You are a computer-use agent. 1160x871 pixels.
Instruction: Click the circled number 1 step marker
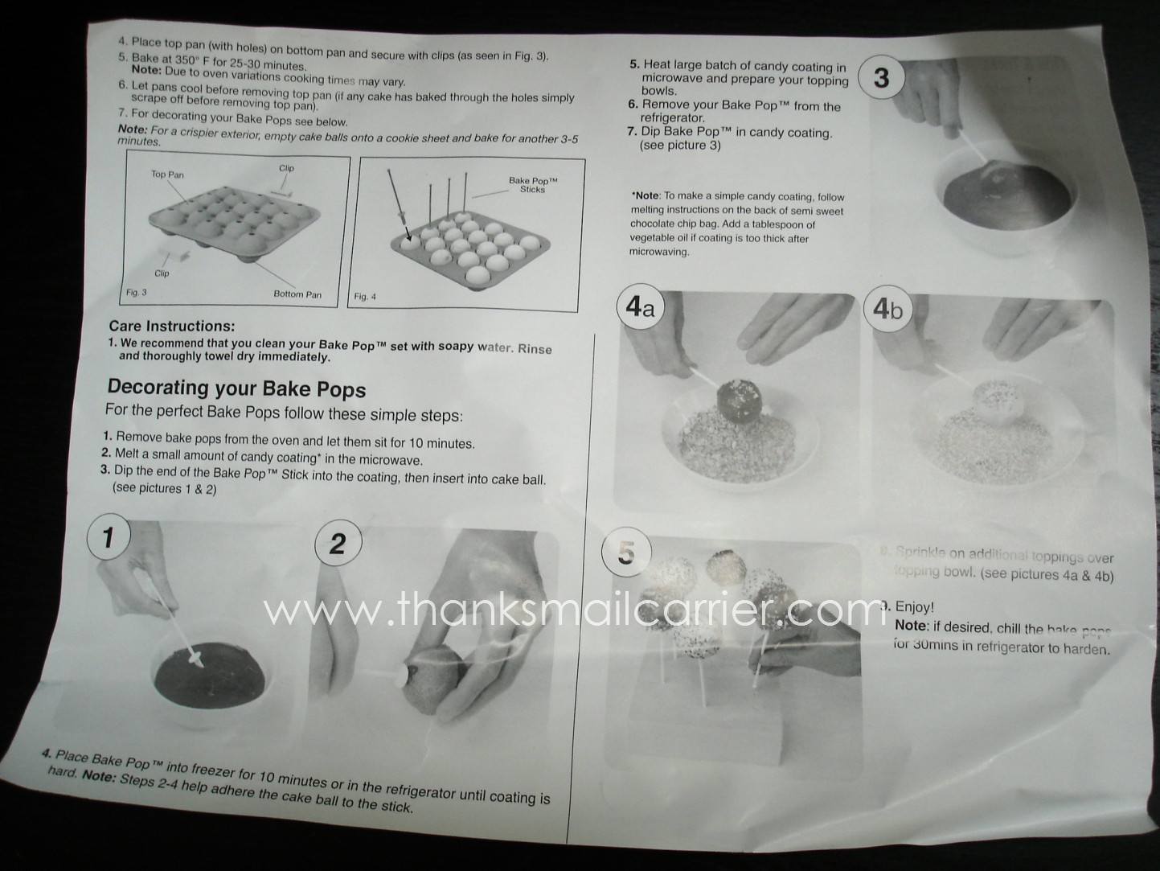(x=108, y=536)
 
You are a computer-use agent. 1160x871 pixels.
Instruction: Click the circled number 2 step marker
(x=337, y=544)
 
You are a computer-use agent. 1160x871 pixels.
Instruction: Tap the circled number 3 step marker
(x=881, y=77)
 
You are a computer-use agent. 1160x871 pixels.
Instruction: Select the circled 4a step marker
(x=640, y=309)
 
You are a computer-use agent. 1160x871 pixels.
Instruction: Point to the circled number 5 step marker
(x=626, y=553)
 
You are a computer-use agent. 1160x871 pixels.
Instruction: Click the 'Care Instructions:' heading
(x=171, y=326)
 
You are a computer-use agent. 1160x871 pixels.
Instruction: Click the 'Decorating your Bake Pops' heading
(x=236, y=388)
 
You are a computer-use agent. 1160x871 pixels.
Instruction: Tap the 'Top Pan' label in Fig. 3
(x=167, y=175)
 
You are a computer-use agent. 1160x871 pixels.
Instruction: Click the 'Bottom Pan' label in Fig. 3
(x=297, y=294)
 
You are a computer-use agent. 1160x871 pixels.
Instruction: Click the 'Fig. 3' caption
(x=137, y=292)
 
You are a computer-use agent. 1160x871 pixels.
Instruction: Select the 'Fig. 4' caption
(x=365, y=297)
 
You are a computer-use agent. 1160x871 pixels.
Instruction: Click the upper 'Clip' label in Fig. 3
(x=286, y=168)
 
